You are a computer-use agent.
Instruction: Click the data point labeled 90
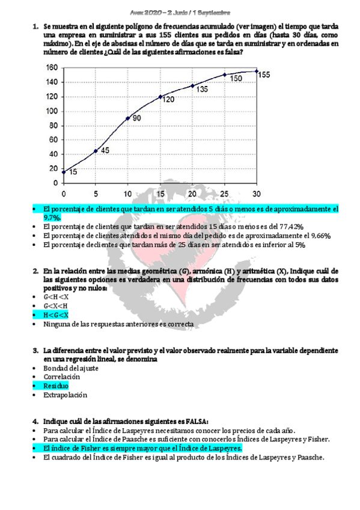[127, 118]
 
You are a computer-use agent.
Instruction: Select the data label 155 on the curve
[264, 75]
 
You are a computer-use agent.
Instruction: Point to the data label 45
[105, 150]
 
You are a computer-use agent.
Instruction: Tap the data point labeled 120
[160, 96]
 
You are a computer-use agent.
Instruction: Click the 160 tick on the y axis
[52, 67]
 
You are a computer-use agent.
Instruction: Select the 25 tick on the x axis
[225, 193]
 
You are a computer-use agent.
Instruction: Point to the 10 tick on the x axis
[127, 193]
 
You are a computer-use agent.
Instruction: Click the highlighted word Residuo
[56, 385]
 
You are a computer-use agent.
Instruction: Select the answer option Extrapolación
[65, 395]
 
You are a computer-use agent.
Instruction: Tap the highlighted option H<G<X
[56, 315]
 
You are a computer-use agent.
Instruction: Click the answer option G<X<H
[56, 306]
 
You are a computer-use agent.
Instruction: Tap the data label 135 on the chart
[202, 89]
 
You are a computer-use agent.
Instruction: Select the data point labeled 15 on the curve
[64, 172]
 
